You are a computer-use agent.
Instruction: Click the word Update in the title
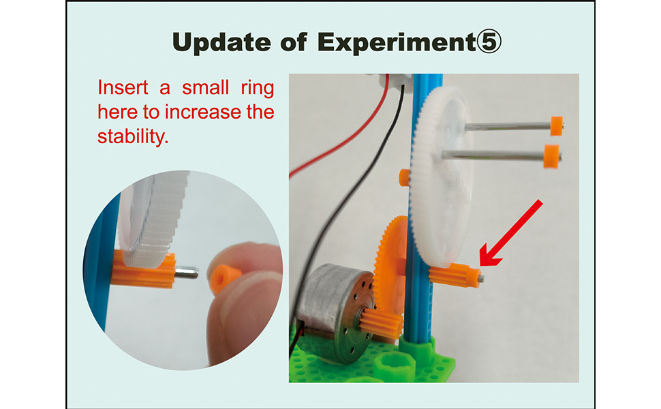tap(221, 42)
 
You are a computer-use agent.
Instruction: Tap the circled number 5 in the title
tap(489, 42)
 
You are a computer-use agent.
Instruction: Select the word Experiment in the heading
tap(397, 42)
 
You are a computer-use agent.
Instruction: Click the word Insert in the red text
tap(123, 88)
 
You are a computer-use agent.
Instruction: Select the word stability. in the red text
tap(133, 136)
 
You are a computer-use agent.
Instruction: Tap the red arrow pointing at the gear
tap(510, 234)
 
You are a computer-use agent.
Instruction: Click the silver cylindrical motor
tap(335, 312)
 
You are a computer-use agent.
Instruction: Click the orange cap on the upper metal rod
tap(557, 125)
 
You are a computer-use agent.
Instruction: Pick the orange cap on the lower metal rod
tap(551, 156)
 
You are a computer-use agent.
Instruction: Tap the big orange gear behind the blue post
tap(390, 270)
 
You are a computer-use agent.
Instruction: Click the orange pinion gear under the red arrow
tap(455, 275)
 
